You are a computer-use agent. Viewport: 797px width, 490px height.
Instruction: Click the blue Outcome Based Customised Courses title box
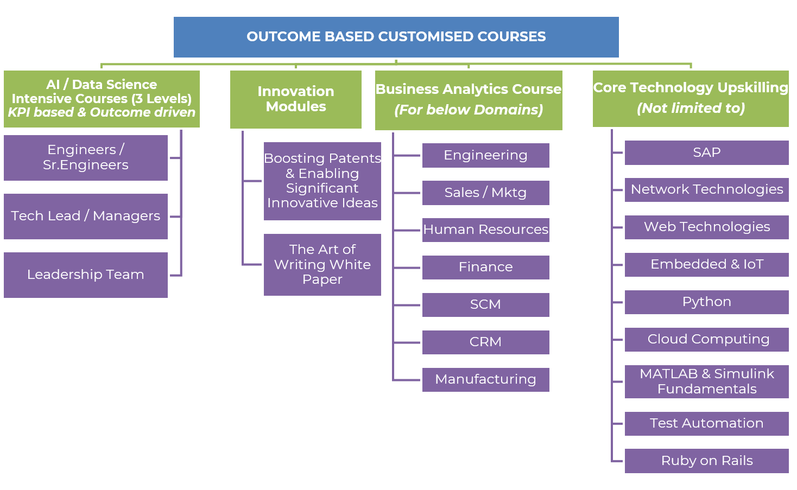[x=396, y=37]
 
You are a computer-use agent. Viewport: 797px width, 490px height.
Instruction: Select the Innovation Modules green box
[x=296, y=99]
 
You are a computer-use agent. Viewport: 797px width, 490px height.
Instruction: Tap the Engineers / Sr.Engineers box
[x=86, y=157]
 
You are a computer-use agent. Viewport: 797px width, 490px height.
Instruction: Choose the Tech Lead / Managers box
[x=86, y=216]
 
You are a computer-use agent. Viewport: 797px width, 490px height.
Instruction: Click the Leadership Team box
[x=86, y=275]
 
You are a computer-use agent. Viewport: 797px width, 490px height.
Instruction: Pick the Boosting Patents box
[x=322, y=181]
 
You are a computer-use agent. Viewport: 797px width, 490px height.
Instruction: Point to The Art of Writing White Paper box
[x=322, y=264]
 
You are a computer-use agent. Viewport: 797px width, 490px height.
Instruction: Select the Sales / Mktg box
[x=485, y=193]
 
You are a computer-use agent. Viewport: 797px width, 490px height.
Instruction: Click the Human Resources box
[x=485, y=230]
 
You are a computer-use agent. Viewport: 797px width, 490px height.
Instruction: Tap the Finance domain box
[x=485, y=267]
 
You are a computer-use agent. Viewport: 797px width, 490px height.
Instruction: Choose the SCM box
[x=485, y=304]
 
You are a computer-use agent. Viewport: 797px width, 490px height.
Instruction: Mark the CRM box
[x=485, y=342]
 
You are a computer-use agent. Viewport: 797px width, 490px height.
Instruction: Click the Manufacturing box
[x=485, y=379]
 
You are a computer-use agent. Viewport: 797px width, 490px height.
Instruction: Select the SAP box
[x=706, y=152]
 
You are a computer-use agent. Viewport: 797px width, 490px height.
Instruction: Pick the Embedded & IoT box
[x=706, y=264]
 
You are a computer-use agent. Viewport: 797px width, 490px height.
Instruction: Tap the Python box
[x=706, y=302]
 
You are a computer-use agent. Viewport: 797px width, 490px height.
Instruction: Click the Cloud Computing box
[x=706, y=339]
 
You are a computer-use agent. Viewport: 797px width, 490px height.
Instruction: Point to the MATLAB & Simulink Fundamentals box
[x=706, y=381]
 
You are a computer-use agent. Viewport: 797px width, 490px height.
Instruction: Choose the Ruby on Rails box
[x=706, y=461]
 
